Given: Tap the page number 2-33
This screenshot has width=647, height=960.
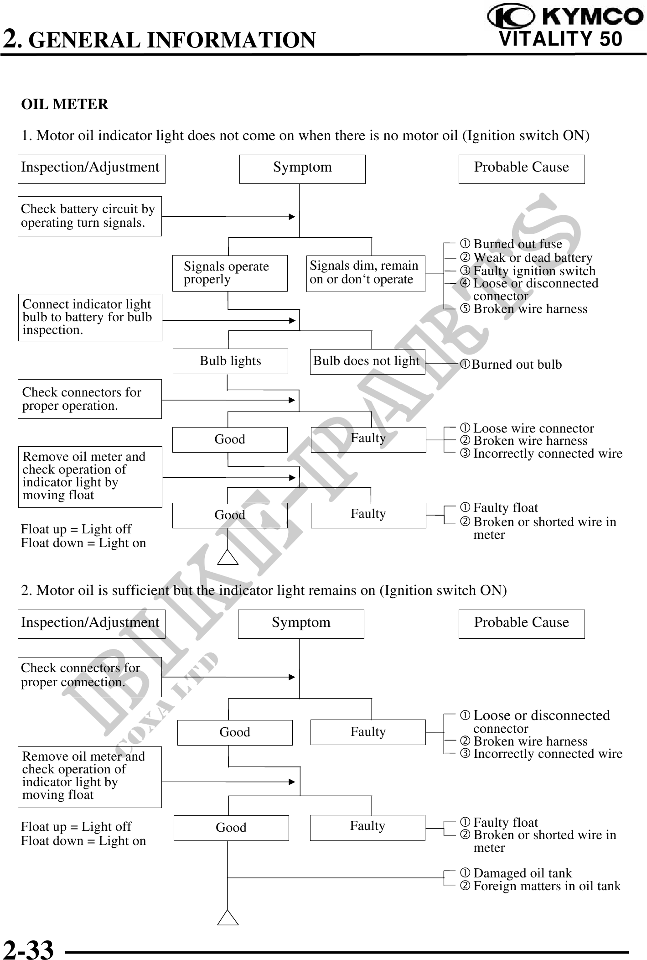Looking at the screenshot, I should point(28,949).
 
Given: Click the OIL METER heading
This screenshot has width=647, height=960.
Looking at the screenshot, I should point(64,104).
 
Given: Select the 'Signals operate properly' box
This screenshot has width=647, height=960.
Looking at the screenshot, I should point(230,273).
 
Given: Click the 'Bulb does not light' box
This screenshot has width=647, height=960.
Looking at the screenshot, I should point(367,361).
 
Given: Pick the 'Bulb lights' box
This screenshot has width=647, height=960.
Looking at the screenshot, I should point(230,361).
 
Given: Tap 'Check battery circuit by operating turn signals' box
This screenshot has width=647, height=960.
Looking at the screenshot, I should point(89,216).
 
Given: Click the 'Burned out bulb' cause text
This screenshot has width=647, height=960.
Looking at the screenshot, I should point(516,364).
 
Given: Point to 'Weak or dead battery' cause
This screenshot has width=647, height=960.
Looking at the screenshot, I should point(532,257).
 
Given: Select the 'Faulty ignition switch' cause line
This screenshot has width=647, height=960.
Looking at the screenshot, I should point(534,271).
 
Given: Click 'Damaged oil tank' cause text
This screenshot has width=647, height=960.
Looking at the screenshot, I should point(522,873).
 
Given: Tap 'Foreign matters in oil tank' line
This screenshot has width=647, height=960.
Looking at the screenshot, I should point(547,886).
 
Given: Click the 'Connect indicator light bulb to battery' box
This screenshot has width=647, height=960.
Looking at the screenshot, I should point(90,317).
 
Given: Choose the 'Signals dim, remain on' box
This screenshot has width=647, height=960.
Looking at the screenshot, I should point(365,273).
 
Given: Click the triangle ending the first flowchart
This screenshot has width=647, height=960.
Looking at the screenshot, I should point(228,557).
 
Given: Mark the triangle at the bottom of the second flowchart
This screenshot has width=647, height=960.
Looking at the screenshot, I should point(228,918).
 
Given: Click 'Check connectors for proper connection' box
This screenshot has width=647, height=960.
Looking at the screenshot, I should point(89,676).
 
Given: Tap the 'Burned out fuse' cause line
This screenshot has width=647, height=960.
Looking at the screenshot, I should point(518,244).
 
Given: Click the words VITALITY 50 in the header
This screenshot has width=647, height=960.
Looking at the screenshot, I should point(560,39).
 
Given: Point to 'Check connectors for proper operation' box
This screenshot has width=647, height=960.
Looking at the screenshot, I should point(89,399).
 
